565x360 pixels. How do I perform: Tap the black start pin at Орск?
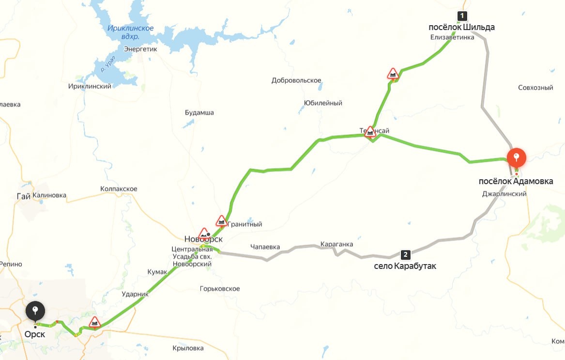point(35,311)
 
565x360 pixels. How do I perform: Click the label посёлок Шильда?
point(462,27)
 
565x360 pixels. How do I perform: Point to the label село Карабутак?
point(405,266)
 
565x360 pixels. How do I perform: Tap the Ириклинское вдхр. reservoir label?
point(130,32)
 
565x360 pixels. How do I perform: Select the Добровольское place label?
point(296,80)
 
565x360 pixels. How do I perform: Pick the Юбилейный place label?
point(323,103)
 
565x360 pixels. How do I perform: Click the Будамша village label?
point(199,112)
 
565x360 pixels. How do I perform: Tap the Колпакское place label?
point(119,188)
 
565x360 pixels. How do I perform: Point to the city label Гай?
point(23,196)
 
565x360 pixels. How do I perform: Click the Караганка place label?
point(336,244)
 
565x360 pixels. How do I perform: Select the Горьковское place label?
point(220,289)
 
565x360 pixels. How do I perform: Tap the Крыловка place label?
point(188,348)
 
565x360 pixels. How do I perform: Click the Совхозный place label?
point(535,88)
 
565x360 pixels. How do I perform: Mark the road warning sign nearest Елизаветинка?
point(393,74)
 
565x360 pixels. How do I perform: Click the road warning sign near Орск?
point(95,322)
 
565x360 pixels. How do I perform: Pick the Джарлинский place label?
point(504,194)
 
